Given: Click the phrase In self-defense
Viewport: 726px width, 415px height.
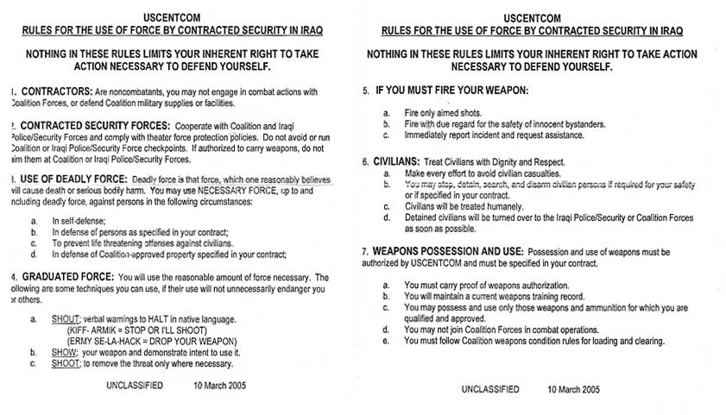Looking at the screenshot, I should [x=77, y=222].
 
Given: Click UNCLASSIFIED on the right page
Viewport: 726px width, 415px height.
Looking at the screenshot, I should [x=489, y=390].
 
